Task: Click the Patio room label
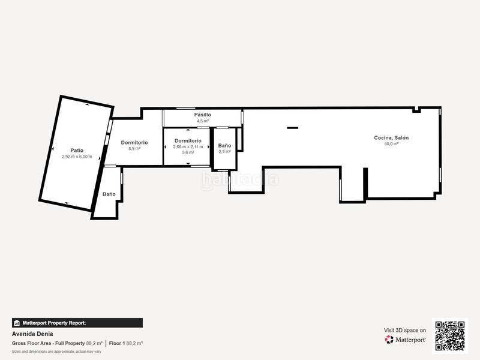[77, 150]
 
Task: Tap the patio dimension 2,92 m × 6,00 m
[77, 157]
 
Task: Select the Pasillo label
[202, 114]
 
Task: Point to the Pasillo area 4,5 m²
[202, 121]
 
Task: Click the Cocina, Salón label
[391, 137]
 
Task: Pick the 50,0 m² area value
[391, 144]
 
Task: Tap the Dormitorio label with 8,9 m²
[134, 142]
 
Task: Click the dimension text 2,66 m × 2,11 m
[188, 147]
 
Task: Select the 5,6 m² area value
[188, 153]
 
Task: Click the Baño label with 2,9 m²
[224, 145]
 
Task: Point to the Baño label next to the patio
[109, 194]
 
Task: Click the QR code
[450, 335]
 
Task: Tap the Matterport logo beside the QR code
[406, 339]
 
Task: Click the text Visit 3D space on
[405, 330]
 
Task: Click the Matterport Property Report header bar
[77, 323]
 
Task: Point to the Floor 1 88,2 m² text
[125, 343]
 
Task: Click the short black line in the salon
[292, 127]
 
